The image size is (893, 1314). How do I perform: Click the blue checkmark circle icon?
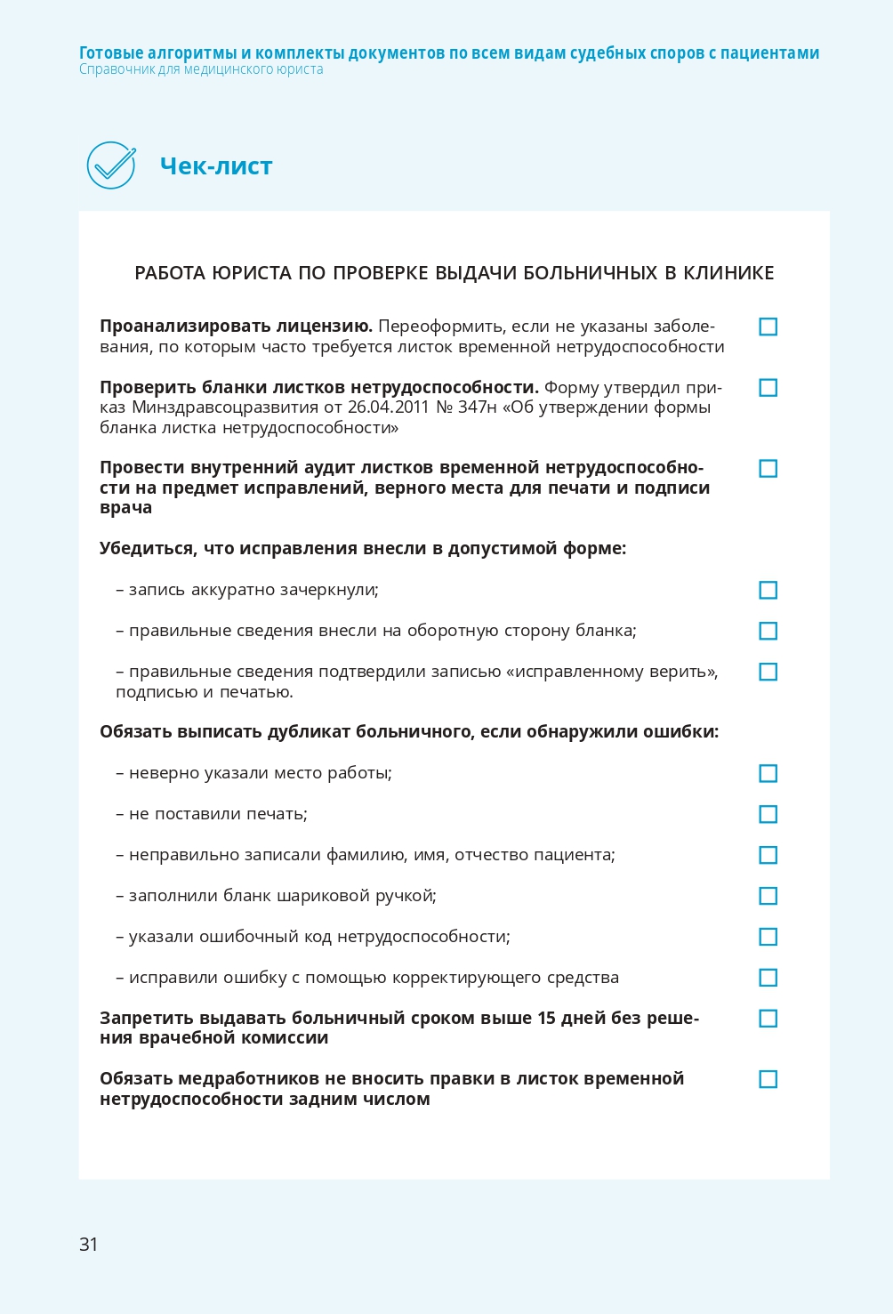click(111, 165)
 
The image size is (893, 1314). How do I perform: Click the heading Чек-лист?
click(216, 166)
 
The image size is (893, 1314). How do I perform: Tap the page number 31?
click(89, 1244)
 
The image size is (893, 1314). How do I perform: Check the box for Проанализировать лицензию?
click(768, 327)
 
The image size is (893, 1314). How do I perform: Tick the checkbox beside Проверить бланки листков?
click(768, 388)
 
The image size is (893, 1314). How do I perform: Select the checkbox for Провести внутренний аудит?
click(768, 469)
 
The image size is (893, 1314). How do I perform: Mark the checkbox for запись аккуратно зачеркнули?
click(768, 591)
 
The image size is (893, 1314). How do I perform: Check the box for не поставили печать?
click(768, 815)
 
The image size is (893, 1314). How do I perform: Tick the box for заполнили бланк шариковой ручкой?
click(768, 897)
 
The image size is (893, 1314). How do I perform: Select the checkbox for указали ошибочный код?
click(768, 938)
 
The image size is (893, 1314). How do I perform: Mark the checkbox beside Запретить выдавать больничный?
click(768, 1019)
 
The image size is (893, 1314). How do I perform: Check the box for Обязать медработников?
click(768, 1080)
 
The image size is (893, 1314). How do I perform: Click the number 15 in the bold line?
click(546, 1018)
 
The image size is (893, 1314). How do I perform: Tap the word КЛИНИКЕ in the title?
click(728, 273)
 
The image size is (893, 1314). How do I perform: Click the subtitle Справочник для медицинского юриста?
click(201, 69)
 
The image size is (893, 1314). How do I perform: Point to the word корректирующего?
click(456, 978)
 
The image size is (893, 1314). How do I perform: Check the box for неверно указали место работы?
click(768, 774)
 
